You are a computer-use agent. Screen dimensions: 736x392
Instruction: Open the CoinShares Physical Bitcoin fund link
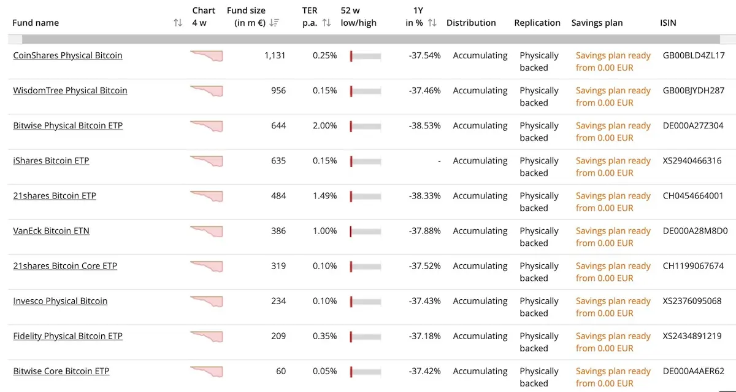[x=67, y=55]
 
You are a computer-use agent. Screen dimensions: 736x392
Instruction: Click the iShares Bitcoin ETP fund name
[x=51, y=160]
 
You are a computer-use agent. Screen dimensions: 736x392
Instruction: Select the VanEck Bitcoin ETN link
[x=52, y=231]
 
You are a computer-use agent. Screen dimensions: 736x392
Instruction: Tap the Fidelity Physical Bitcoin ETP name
[x=67, y=336]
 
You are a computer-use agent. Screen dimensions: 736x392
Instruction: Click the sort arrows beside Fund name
[x=178, y=23]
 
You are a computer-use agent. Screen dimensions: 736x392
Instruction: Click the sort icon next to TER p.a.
[x=326, y=23]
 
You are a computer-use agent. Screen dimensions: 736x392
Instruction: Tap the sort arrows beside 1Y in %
[x=432, y=23]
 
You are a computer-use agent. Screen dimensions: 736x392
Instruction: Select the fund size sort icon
[x=274, y=23]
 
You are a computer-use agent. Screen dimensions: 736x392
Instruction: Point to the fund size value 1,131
[x=275, y=55]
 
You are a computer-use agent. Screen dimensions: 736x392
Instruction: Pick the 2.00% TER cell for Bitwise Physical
[x=324, y=126]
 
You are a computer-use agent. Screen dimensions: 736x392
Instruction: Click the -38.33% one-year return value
[x=424, y=196]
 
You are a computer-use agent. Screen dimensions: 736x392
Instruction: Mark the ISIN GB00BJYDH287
[x=694, y=90]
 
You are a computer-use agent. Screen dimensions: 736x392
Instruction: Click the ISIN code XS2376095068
[x=692, y=301]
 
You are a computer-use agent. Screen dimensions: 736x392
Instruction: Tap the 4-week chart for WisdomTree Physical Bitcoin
[x=207, y=91]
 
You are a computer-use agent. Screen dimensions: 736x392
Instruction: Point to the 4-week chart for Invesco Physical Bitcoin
[x=207, y=302]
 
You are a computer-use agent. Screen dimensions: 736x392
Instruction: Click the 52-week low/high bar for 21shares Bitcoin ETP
[x=366, y=197]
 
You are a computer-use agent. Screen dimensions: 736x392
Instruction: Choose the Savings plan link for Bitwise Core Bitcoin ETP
[x=613, y=377]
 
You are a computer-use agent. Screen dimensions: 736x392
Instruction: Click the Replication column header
[x=537, y=23]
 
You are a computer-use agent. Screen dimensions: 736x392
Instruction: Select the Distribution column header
[x=471, y=23]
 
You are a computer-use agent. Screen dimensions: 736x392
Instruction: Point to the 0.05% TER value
[x=324, y=371]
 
